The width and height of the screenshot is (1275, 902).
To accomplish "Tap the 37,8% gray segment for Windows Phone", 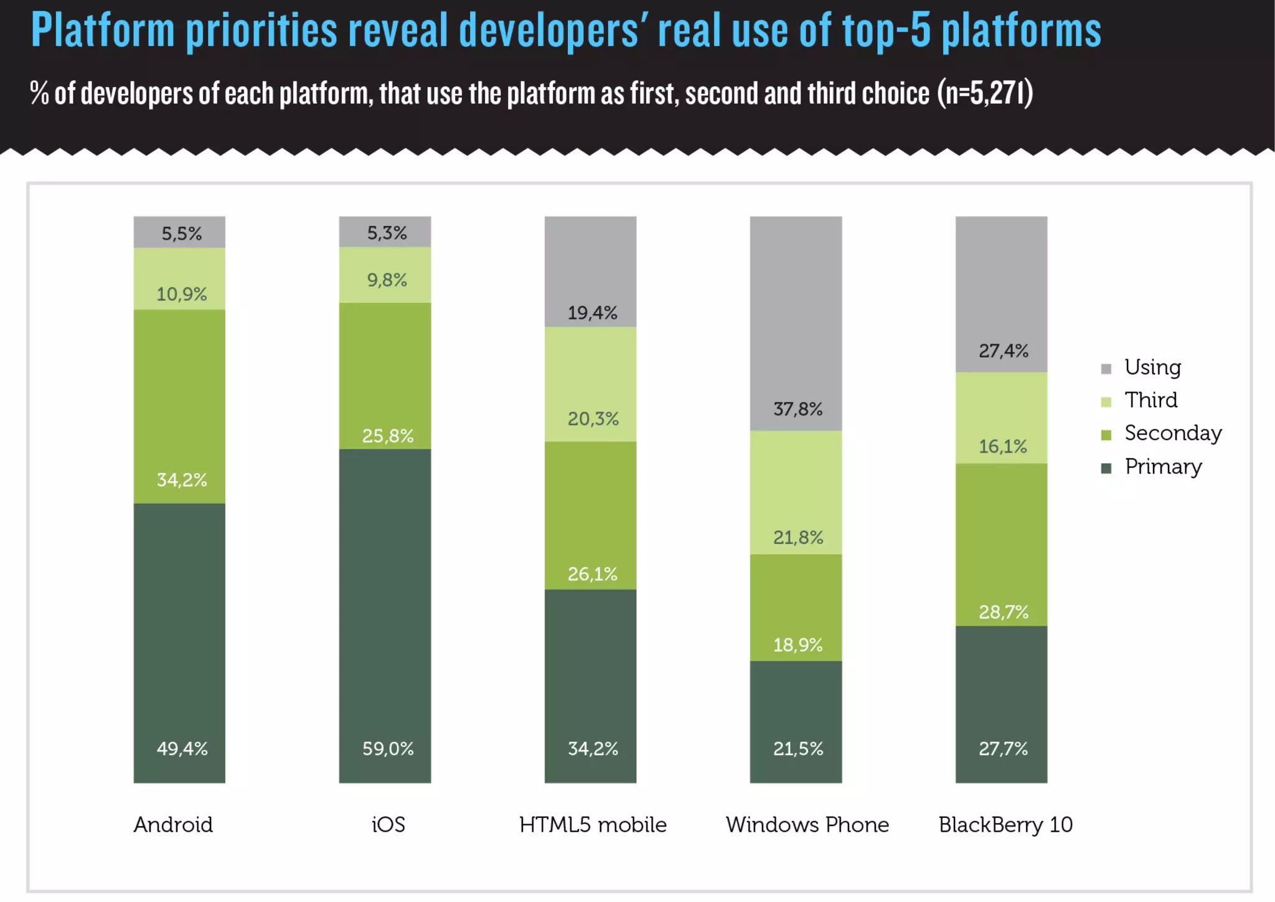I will click(x=796, y=324).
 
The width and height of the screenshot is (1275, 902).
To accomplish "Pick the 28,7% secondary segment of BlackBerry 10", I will click(x=1001, y=545).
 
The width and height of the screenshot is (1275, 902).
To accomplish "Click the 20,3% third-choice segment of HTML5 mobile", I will click(x=590, y=384).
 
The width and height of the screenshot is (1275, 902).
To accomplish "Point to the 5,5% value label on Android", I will click(x=182, y=234).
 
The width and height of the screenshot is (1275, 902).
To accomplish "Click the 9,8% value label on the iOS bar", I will click(x=387, y=280).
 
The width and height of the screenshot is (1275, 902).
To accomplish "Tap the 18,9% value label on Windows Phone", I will click(x=797, y=645).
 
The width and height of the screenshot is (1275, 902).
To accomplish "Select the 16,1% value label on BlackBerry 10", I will click(x=1002, y=446).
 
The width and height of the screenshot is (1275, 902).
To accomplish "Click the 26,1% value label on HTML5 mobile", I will click(x=592, y=574).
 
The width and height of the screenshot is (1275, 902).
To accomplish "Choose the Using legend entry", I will click(x=1152, y=368).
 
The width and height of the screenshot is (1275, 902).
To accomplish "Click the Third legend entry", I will click(x=1150, y=400).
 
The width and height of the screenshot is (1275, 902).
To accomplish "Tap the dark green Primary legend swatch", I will click(x=1106, y=468).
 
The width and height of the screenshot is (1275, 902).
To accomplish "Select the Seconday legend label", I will click(x=1173, y=433).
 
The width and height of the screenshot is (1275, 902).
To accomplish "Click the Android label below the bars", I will click(x=173, y=825).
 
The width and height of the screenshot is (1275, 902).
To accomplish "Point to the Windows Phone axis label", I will click(x=807, y=825).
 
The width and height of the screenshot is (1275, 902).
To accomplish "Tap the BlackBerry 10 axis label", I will click(x=1005, y=825).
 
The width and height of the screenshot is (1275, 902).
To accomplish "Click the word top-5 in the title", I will click(x=886, y=31).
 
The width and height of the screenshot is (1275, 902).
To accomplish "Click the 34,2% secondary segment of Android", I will click(x=179, y=406).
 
